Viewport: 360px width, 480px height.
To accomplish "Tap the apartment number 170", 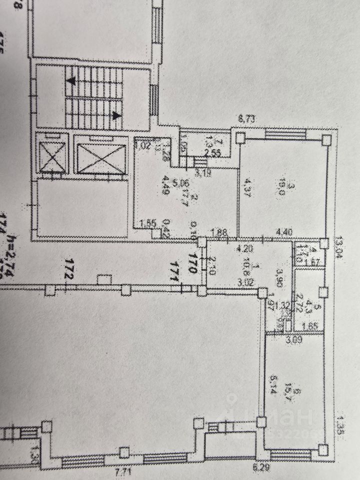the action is (x=191, y=262).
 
